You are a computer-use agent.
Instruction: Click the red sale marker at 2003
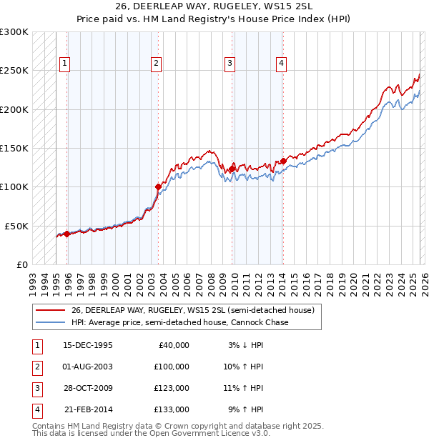158,186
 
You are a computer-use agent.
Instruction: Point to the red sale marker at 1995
67,233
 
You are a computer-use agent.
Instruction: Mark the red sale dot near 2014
283,161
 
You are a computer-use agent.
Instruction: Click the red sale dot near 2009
232,169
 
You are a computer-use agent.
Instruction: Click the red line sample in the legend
51,310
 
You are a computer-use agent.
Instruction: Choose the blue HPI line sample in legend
51,322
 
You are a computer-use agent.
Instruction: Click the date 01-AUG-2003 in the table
88,366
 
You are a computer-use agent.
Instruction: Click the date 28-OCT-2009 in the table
88,388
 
